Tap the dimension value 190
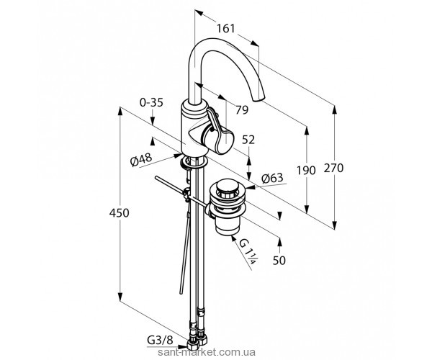pos(307,171)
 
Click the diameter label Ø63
pos(271,178)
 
